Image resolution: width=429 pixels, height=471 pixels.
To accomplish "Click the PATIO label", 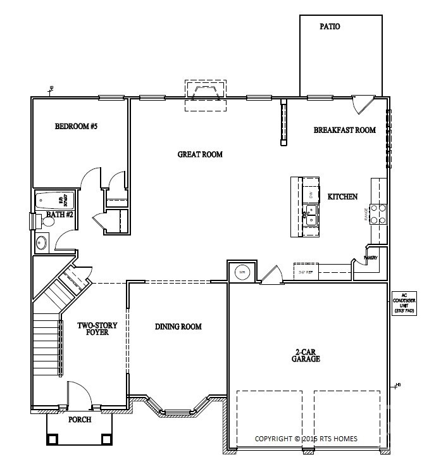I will [x=330, y=27].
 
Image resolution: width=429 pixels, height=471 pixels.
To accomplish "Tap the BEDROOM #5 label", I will [x=76, y=127].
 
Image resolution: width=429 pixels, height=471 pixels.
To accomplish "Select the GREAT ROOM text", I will [x=200, y=154].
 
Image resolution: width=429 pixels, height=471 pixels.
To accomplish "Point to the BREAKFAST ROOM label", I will [x=345, y=130].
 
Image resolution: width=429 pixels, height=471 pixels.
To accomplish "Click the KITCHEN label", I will [x=343, y=197].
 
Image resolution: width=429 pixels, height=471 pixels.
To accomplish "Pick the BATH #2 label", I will [x=60, y=215].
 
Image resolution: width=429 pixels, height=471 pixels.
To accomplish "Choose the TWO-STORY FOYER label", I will [x=93, y=329].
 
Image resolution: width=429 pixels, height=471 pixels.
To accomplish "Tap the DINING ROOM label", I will [x=178, y=327].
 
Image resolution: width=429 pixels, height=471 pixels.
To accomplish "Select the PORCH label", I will [x=79, y=420].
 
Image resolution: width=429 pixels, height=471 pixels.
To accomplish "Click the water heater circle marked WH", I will [x=242, y=272].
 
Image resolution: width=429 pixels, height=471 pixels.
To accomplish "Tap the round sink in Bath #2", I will [x=42, y=242].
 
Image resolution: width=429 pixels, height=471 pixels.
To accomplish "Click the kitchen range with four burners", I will [x=378, y=213].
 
